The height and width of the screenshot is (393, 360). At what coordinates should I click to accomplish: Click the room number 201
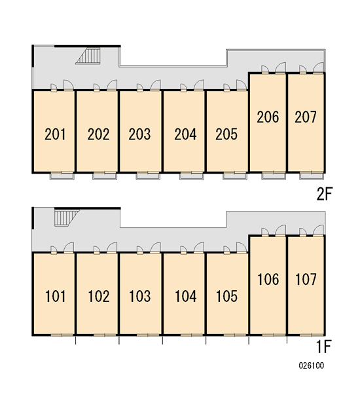(55, 134)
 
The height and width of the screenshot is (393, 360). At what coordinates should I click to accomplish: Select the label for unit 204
(185, 134)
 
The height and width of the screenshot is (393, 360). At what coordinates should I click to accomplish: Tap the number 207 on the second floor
(306, 117)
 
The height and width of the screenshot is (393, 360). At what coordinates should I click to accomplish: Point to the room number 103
(140, 296)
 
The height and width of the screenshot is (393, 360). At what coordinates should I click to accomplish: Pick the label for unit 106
(268, 279)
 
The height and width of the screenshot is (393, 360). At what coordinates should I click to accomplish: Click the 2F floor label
(325, 194)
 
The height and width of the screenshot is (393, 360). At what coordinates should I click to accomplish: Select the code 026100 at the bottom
(312, 365)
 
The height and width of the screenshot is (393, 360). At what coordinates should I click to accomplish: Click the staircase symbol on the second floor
(88, 56)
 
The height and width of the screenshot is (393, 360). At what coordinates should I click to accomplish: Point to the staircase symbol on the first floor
(67, 218)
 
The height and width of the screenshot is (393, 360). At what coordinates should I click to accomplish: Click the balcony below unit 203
(148, 176)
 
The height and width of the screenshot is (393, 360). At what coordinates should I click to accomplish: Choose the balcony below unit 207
(312, 176)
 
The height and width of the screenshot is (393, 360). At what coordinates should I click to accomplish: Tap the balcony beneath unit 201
(62, 176)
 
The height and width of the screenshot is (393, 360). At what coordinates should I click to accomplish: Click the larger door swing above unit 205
(242, 84)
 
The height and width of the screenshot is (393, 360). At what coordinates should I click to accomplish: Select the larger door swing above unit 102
(112, 247)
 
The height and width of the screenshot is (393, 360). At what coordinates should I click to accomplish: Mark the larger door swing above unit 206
(281, 67)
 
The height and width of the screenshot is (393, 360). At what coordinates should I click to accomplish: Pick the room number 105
(226, 296)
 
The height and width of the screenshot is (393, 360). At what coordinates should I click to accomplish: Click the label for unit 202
(98, 134)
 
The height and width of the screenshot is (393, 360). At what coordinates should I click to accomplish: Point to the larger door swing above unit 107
(318, 230)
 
